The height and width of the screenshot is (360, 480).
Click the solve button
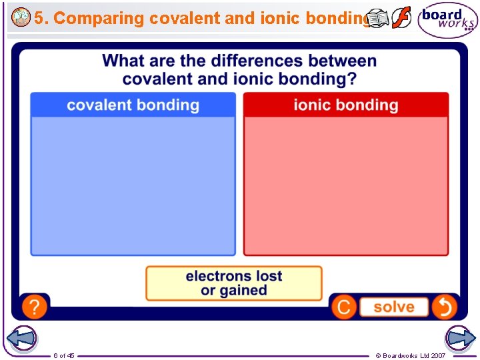tap(393, 307)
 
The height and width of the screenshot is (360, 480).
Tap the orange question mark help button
tap(35, 307)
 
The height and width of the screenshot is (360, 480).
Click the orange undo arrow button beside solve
tap(444, 307)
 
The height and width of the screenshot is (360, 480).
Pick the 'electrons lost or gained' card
tap(234, 283)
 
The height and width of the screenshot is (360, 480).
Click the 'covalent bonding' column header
tap(133, 105)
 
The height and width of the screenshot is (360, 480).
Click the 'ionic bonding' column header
tap(345, 105)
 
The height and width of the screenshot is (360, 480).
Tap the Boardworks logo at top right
tap(447, 21)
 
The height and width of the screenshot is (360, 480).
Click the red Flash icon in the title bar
tap(401, 18)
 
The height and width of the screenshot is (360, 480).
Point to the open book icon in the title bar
tap(378, 19)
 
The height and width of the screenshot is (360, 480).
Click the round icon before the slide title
tap(21, 18)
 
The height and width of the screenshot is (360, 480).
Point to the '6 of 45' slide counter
tap(64, 355)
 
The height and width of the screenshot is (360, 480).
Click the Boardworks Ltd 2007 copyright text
tap(410, 355)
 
